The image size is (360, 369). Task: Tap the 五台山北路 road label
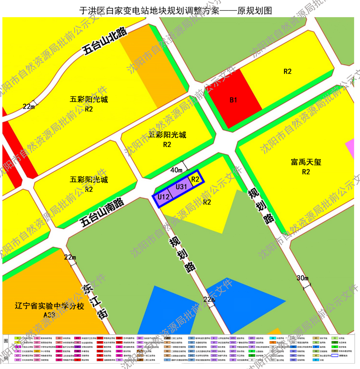click(104, 41)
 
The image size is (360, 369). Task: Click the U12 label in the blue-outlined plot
click(162, 196)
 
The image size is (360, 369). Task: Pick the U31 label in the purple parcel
click(181, 186)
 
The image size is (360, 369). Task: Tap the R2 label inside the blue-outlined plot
click(195, 179)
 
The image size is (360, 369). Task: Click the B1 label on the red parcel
click(233, 100)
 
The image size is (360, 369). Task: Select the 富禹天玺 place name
click(306, 162)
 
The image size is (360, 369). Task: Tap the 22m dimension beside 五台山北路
click(28, 107)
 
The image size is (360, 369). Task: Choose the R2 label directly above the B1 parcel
click(288, 71)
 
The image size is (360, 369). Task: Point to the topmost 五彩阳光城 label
click(89, 100)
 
